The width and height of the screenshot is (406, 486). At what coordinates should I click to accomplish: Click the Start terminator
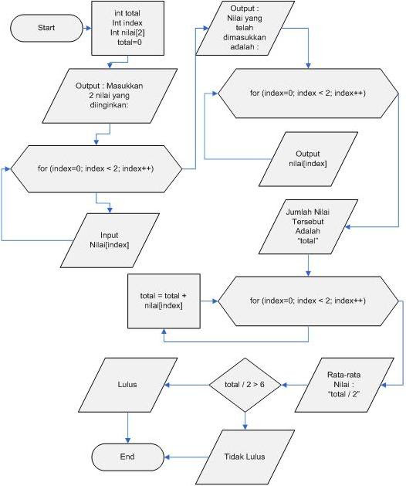click(x=46, y=28)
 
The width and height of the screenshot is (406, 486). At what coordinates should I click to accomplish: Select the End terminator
click(x=127, y=457)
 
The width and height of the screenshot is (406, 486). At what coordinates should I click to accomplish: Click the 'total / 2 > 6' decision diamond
click(x=245, y=384)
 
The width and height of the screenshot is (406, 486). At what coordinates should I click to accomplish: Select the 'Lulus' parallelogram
click(x=127, y=384)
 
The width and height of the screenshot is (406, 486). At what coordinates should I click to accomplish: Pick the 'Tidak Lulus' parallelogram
click(x=245, y=457)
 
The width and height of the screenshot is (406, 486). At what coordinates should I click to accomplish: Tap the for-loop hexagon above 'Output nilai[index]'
click(x=307, y=93)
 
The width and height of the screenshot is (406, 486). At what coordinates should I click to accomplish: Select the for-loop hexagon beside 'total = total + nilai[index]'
click(x=306, y=300)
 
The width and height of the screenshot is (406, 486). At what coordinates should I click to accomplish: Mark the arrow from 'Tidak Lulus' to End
click(x=186, y=457)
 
